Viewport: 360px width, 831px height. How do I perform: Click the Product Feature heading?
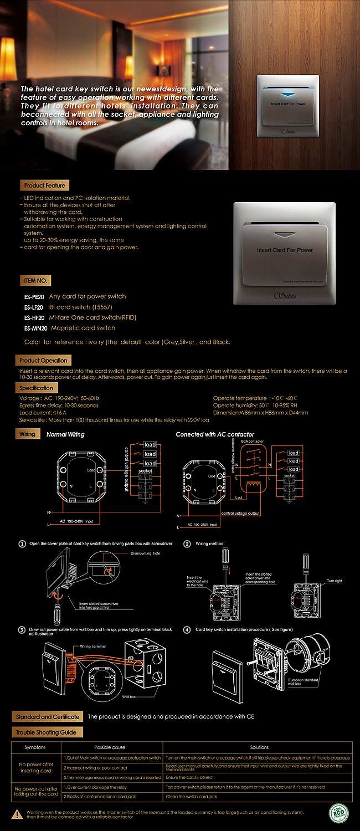[x=44, y=185]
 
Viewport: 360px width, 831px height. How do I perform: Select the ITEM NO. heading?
[x=37, y=280]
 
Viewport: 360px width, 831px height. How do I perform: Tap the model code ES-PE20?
[x=35, y=296]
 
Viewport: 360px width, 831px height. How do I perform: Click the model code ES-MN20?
[x=35, y=328]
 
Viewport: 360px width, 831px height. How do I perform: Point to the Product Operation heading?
[x=43, y=360]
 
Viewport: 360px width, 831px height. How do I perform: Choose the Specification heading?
[x=37, y=388]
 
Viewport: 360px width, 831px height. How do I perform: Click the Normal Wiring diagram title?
[x=65, y=434]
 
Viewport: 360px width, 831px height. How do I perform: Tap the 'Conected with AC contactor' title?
[x=215, y=434]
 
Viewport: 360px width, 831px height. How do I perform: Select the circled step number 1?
[x=22, y=543]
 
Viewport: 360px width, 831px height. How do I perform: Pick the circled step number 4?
[x=187, y=629]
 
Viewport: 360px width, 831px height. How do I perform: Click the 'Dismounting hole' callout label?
[x=145, y=553]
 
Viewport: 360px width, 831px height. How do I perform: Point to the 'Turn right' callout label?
[x=335, y=581]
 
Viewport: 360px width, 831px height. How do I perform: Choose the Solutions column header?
[x=259, y=747]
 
